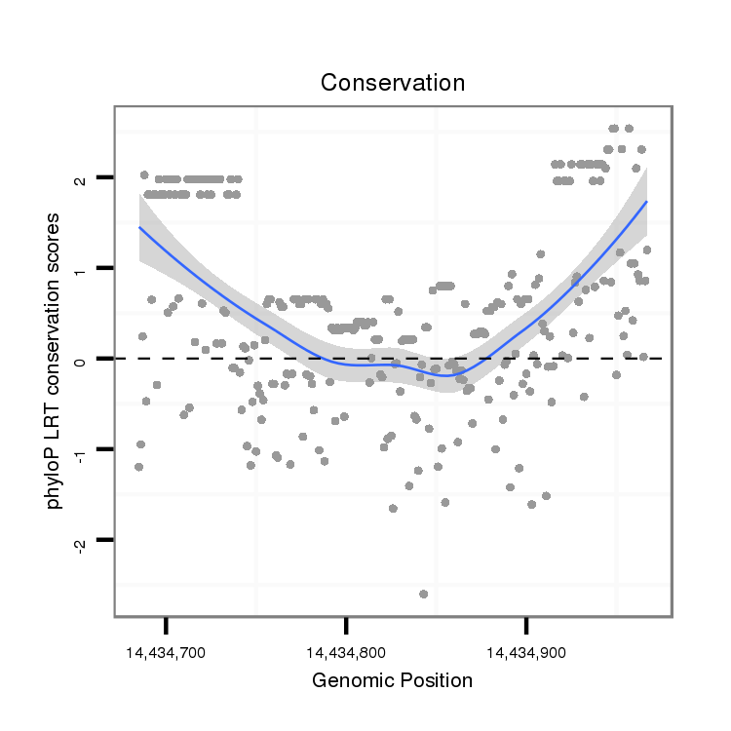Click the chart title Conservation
pyautogui.click(x=393, y=83)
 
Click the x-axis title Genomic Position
pyautogui.click(x=392, y=680)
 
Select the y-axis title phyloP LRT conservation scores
pyautogui.click(x=57, y=360)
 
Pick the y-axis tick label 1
pyautogui.click(x=81, y=268)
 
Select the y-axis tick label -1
pyautogui.click(x=81, y=451)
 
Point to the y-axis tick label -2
pyautogui.click(x=81, y=542)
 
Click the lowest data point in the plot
pyautogui.click(x=423, y=594)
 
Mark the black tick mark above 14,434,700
pyautogui.click(x=166, y=624)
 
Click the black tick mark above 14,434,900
pyautogui.click(x=526, y=624)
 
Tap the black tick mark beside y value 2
pyautogui.click(x=105, y=177)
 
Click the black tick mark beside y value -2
pyautogui.click(x=105, y=540)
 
